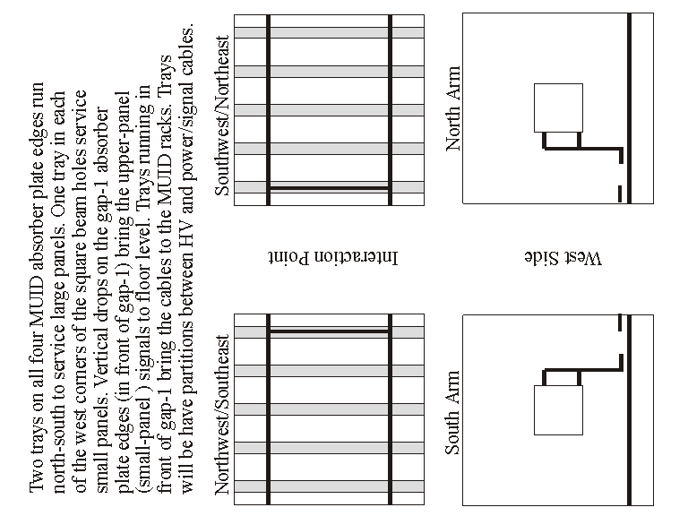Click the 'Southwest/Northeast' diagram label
[222, 116]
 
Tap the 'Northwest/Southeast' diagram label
[222, 415]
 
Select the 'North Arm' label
[453, 108]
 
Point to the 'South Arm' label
[452, 413]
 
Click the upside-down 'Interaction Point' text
[333, 258]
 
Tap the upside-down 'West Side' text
[563, 258]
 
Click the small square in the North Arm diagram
[559, 107]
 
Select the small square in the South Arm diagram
[559, 410]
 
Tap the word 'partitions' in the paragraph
[187, 367]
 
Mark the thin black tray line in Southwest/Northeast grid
[329, 188]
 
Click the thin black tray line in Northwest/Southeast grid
[329, 331]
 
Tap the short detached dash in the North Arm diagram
[620, 193]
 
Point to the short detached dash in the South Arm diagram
[620, 322]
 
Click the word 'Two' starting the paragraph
[37, 479]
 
